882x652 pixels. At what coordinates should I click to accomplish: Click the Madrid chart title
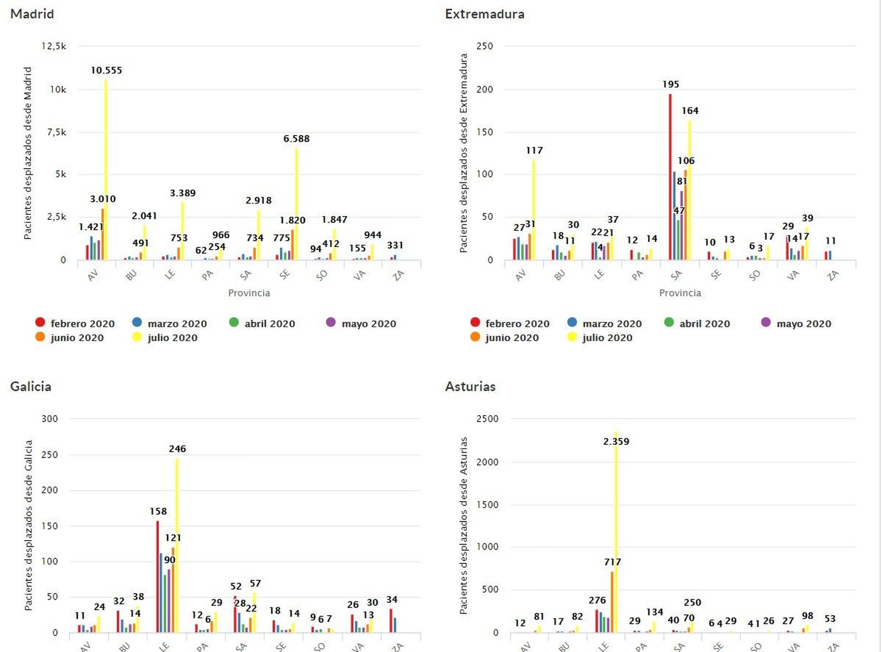(x=32, y=14)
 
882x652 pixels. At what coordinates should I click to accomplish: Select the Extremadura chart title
(x=485, y=14)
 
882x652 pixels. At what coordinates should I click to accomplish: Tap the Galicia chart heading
(x=31, y=386)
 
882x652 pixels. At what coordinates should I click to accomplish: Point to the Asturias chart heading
(x=470, y=386)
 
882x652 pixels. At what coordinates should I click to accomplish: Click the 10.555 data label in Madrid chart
(x=106, y=70)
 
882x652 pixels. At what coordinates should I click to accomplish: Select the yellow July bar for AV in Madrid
(x=106, y=165)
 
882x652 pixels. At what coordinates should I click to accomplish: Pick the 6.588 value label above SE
(x=297, y=138)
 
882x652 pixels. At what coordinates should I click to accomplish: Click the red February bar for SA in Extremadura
(x=670, y=176)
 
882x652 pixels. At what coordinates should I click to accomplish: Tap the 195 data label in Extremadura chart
(x=671, y=84)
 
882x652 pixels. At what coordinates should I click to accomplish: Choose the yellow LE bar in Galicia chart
(x=177, y=546)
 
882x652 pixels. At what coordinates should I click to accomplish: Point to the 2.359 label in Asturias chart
(x=616, y=441)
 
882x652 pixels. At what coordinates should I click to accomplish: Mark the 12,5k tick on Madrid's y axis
(x=54, y=46)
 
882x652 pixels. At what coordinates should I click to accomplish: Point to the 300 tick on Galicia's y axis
(x=50, y=419)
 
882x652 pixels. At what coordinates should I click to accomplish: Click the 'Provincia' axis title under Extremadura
(x=680, y=293)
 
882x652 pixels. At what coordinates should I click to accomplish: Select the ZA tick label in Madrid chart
(x=398, y=275)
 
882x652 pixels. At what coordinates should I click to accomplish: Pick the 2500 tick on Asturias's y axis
(x=487, y=419)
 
